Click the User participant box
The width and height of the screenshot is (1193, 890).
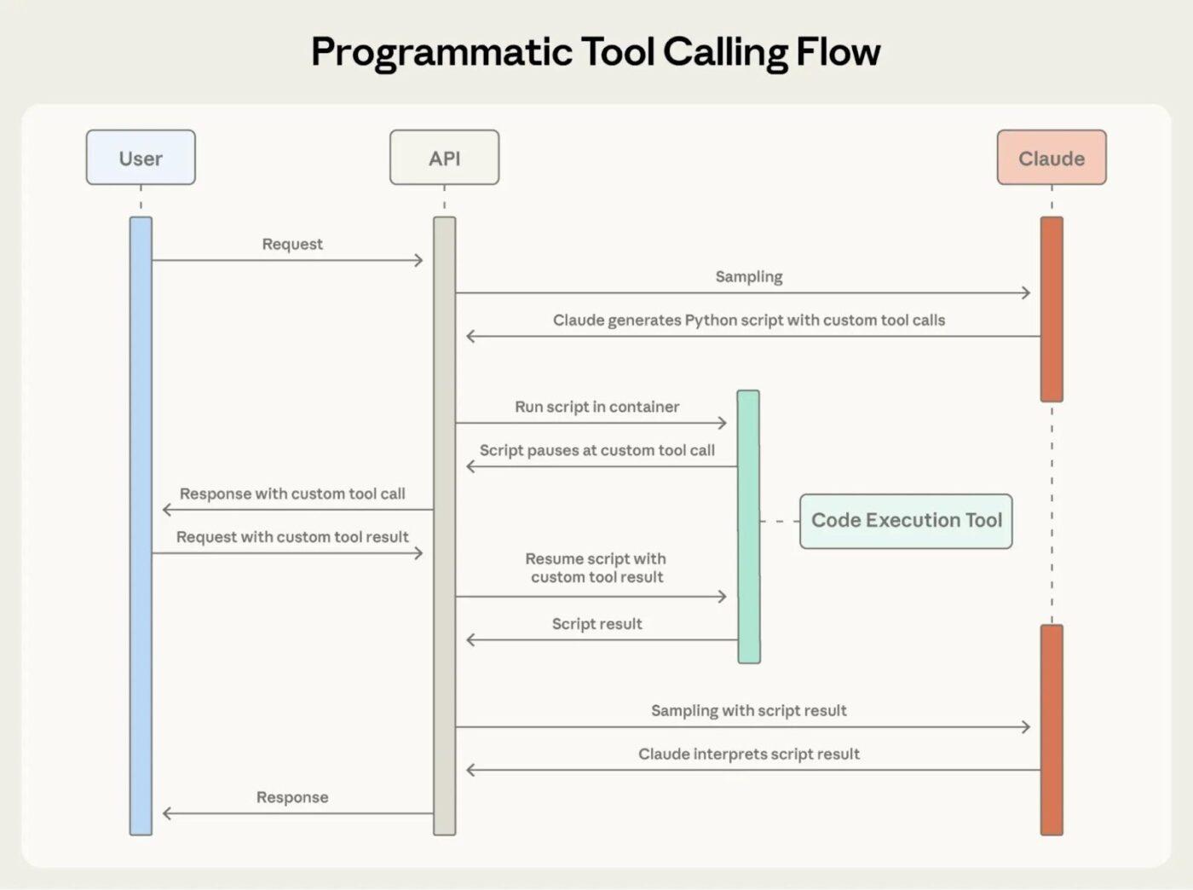pyautogui.click(x=141, y=158)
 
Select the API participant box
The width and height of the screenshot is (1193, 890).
pyautogui.click(x=444, y=158)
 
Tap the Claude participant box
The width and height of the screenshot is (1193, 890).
pyautogui.click(x=1051, y=158)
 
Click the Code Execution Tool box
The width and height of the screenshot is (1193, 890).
pyautogui.click(x=906, y=520)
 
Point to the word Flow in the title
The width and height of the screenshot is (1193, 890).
pyautogui.click(x=838, y=52)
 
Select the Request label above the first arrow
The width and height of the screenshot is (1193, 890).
pyautogui.click(x=292, y=244)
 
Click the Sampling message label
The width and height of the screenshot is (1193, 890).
pyautogui.click(x=748, y=276)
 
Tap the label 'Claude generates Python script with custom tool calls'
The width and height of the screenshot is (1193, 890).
pyautogui.click(x=748, y=320)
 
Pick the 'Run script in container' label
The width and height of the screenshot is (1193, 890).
pyautogui.click(x=596, y=407)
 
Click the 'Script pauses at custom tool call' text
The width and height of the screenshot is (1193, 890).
pyautogui.click(x=596, y=450)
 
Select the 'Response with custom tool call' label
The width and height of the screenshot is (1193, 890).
pyautogui.click(x=292, y=494)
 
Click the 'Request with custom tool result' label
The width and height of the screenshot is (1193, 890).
pyautogui.click(x=292, y=537)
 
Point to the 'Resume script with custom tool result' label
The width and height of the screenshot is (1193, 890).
pyautogui.click(x=596, y=568)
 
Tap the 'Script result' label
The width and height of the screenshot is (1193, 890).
pyautogui.click(x=596, y=624)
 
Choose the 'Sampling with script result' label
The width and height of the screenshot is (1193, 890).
pyautogui.click(x=748, y=710)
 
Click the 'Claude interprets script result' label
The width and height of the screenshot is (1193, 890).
pyautogui.click(x=748, y=754)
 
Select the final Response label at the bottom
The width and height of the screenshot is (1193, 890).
pyautogui.click(x=292, y=797)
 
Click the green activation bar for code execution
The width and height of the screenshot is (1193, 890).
pyautogui.click(x=748, y=526)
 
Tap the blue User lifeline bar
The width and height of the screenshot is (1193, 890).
pyautogui.click(x=141, y=526)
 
